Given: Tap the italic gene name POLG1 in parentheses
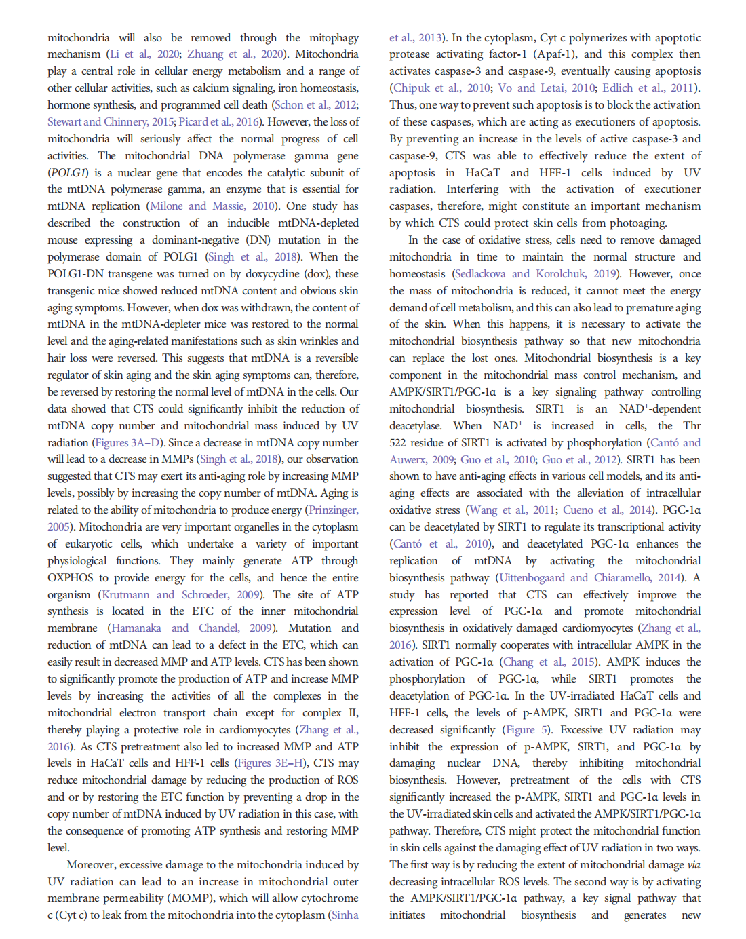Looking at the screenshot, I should (70, 172).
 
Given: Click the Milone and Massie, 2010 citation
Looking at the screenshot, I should (212, 206).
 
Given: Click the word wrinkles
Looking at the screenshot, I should (319, 341).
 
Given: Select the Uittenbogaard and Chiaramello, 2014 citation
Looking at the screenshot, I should (590, 577).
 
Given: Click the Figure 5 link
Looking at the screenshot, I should (526, 729).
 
